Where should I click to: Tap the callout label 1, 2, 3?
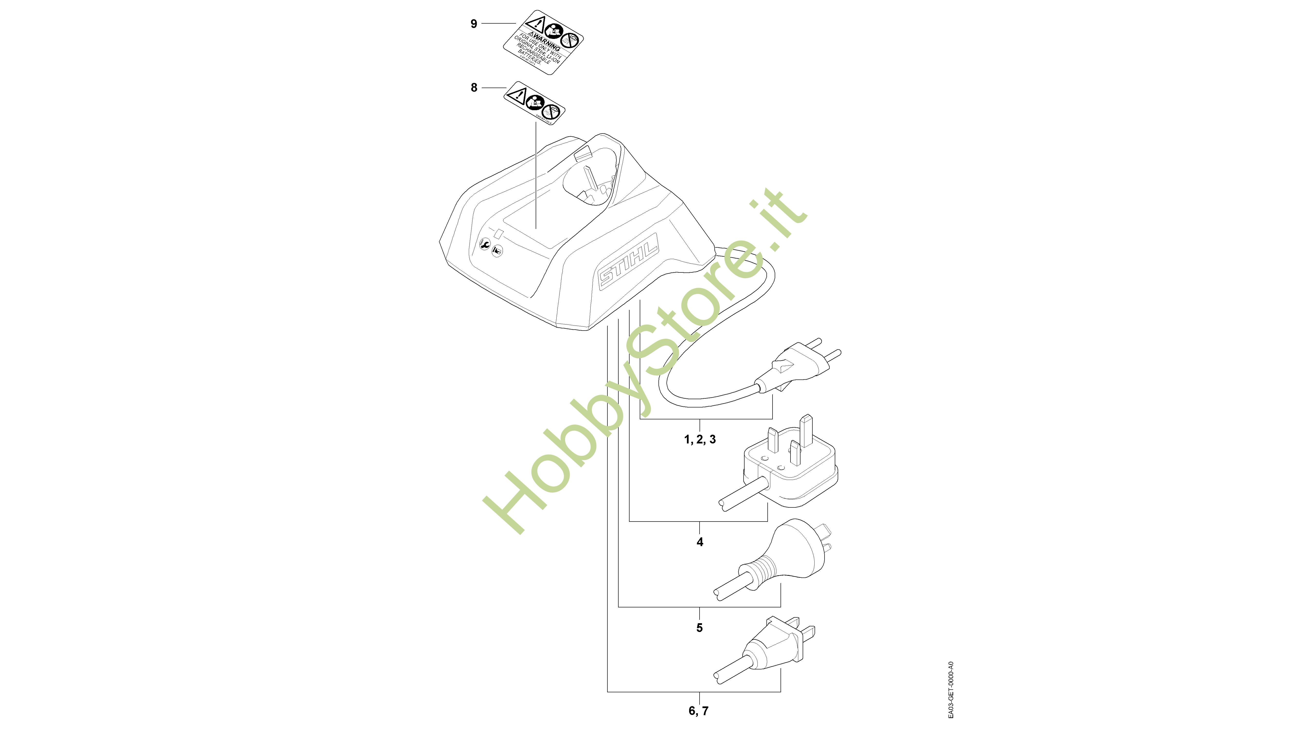click(699, 440)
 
